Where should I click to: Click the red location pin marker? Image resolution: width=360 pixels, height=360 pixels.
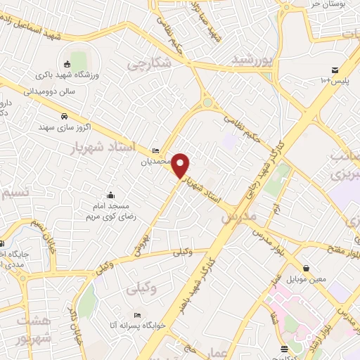(x=181, y=165)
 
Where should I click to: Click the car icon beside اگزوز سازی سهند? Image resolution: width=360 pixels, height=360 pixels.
(x=64, y=115)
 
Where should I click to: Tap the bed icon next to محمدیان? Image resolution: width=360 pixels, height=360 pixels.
(x=155, y=151)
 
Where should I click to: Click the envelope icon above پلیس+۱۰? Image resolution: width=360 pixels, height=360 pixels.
(x=335, y=70)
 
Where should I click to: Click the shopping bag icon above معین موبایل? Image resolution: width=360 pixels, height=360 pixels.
(x=307, y=268)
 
